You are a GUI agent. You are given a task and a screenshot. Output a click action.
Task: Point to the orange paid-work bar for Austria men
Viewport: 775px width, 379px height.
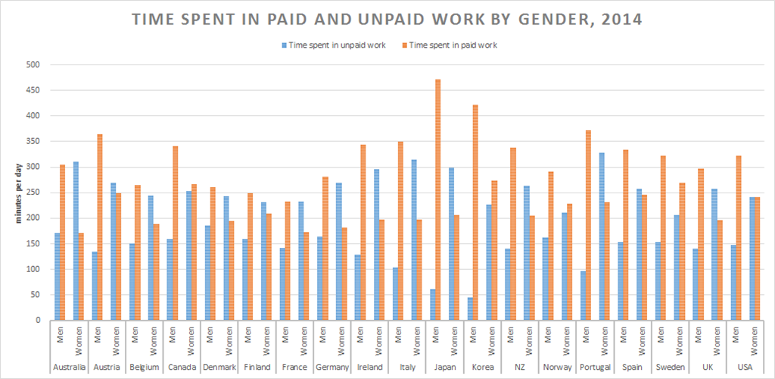point(99,227)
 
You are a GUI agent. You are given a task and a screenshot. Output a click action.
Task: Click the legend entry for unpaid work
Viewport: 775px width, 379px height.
point(334,45)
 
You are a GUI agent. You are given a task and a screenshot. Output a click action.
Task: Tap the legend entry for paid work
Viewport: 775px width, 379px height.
point(452,45)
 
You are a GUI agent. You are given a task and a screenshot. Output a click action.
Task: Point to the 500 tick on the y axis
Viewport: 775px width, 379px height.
point(33,65)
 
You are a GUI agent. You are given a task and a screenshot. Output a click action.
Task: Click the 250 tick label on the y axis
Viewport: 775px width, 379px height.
point(33,193)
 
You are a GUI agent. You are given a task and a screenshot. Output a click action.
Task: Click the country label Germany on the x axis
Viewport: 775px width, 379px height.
point(332,368)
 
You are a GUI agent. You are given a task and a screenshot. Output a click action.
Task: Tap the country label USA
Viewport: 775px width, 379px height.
point(744,368)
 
